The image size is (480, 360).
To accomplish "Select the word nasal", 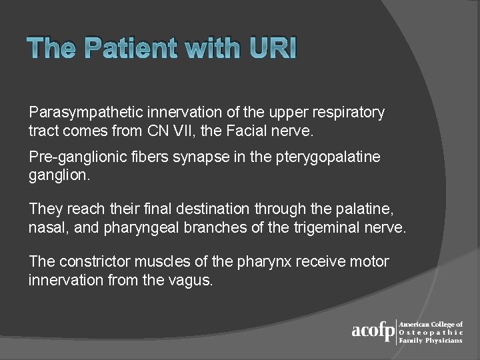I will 47,227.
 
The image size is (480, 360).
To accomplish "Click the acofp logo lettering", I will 373,331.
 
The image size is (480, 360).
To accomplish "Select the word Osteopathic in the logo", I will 431,332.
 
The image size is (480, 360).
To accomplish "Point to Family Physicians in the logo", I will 431,340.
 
